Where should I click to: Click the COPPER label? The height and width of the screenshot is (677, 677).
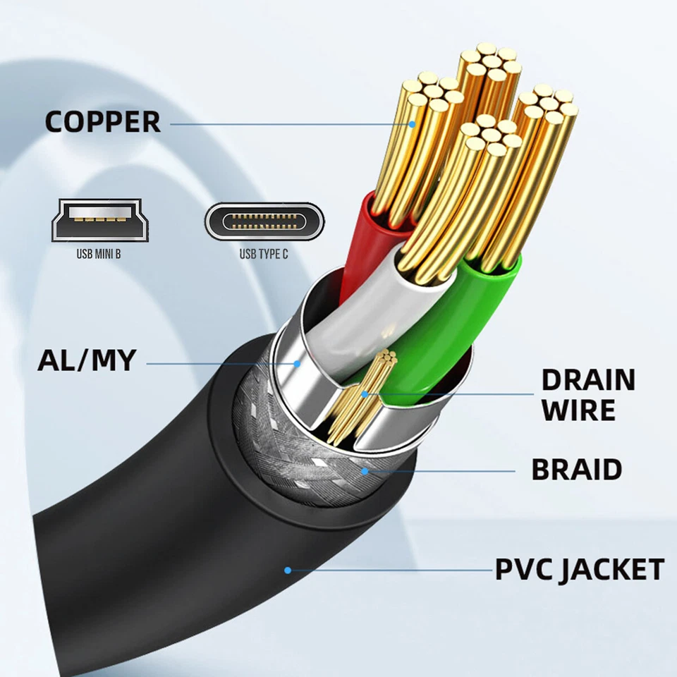[x=103, y=121]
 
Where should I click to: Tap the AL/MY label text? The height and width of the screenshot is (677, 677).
[x=86, y=360]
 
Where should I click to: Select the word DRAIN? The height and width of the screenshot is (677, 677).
[x=587, y=380]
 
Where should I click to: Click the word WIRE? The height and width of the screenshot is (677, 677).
[x=578, y=410]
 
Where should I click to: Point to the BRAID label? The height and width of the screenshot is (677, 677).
[x=576, y=469]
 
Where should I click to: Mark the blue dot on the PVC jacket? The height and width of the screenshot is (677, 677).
[x=287, y=570]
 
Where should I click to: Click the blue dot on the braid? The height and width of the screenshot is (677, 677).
[x=365, y=470]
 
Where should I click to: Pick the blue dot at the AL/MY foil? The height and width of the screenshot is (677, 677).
[x=298, y=364]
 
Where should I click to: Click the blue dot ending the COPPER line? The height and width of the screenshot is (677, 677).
[x=413, y=124]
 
